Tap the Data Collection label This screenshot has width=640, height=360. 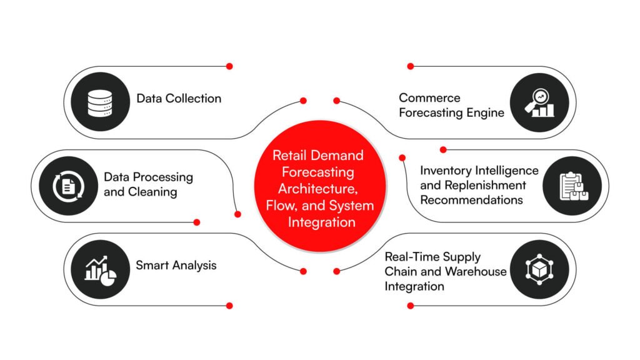(x=179, y=98)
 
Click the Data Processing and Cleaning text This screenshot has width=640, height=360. (x=148, y=184)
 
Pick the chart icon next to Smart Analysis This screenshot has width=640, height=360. (x=100, y=269)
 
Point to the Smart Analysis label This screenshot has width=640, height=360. (x=176, y=265)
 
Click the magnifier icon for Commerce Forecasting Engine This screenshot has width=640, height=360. (x=539, y=104)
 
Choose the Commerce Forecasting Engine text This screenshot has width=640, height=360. (x=451, y=106)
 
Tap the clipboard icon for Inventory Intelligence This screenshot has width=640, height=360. (x=572, y=186)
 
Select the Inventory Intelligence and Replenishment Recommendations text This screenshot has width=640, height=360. (x=479, y=185)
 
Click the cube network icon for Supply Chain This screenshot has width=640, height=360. (x=539, y=269)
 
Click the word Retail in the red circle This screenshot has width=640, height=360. (x=287, y=155)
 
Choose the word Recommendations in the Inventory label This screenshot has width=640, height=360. (x=471, y=200)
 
